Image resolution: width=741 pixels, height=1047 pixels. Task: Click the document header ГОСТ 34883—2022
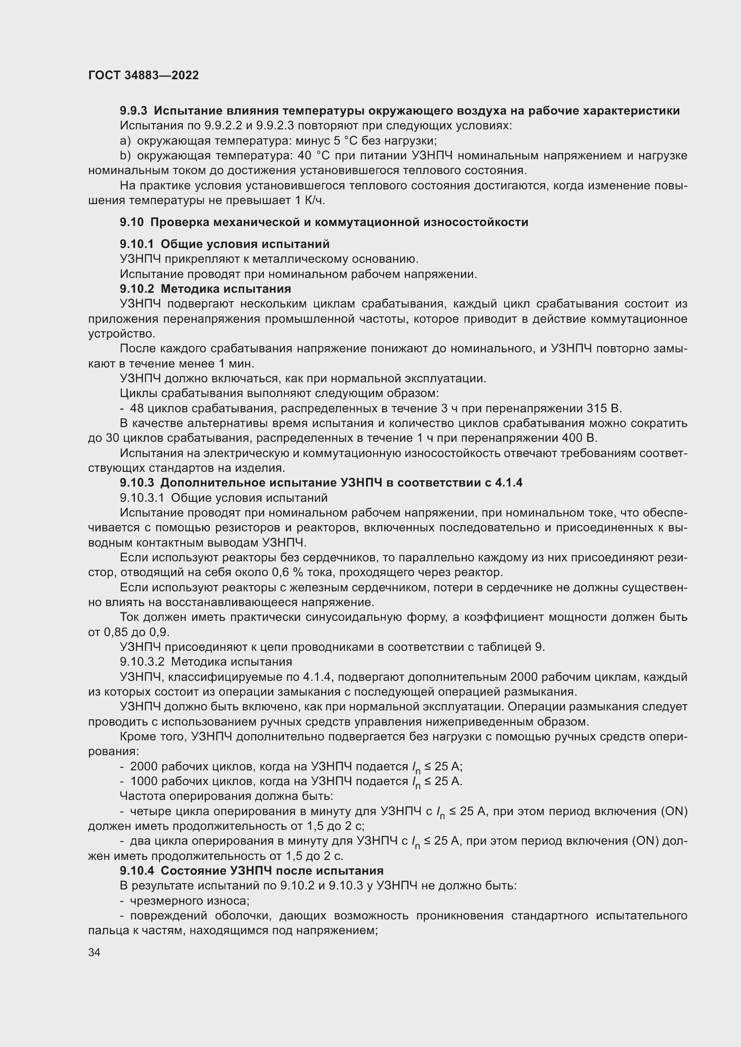[x=143, y=75]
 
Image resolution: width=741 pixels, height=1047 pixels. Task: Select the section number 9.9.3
[x=134, y=111]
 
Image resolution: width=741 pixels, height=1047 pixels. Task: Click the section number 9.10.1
[x=137, y=244]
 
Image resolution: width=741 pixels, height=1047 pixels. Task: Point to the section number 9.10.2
[x=137, y=289]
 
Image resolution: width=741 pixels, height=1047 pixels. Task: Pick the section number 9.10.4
[x=137, y=871]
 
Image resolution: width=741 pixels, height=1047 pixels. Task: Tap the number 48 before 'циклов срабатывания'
[x=137, y=408]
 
